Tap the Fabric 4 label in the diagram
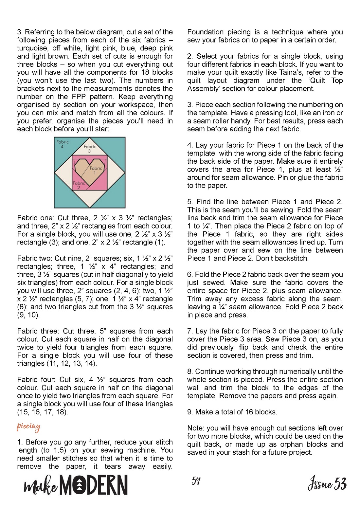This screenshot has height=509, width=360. pos(62,144)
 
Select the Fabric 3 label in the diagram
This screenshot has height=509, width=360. pos(90,149)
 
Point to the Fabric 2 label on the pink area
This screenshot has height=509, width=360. pos(79,185)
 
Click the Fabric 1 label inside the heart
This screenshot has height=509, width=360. pos(96,170)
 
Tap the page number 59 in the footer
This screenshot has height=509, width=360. pos(196,481)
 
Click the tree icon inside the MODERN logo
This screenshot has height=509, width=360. pos(79,485)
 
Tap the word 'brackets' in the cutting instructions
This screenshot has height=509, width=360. pos(30,89)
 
